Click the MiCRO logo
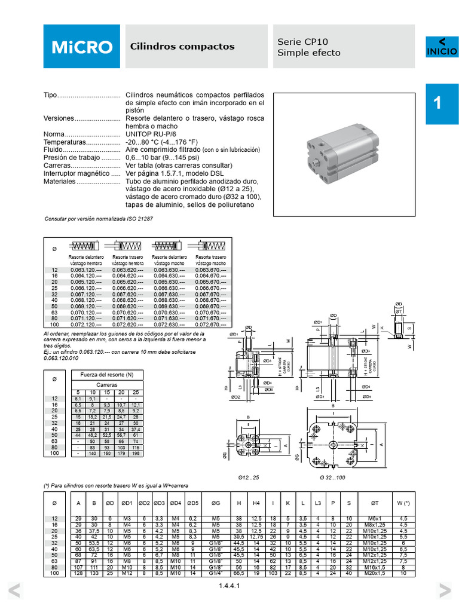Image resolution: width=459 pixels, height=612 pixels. point(81,47)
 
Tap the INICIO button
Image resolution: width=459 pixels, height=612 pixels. point(442,47)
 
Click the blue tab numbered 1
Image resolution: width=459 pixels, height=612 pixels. point(442,103)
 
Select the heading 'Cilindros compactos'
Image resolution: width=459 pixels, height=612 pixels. point(182,47)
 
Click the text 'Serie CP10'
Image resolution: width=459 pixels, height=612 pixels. point(303,42)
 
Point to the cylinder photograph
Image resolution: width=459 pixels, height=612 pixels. point(344,154)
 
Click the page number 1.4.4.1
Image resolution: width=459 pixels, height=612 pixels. point(229,586)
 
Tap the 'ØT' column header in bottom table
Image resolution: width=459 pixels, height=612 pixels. point(375,503)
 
